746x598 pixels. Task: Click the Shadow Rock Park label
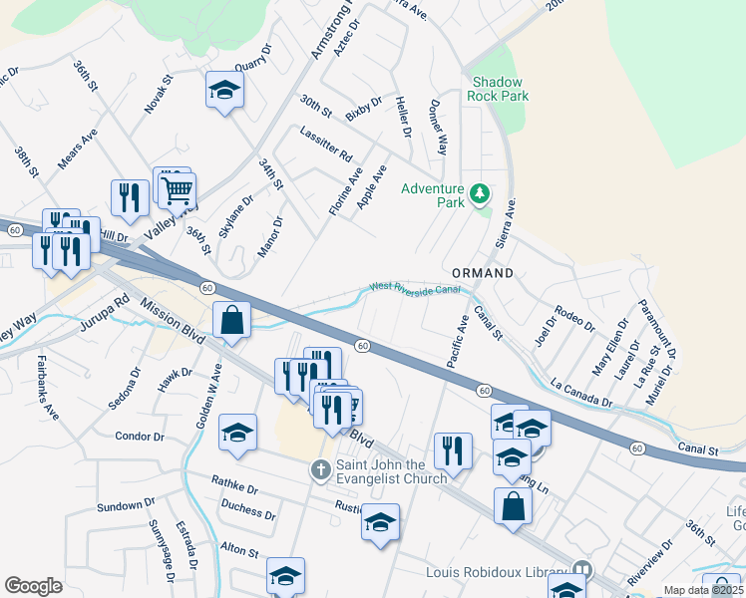[x=501, y=89]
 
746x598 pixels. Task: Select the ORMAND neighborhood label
[x=482, y=272]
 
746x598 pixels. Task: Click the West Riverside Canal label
[x=415, y=288]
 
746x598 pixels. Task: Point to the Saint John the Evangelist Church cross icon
[x=320, y=468]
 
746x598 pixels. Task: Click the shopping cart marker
[x=178, y=188]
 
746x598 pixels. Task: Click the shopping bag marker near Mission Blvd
[x=231, y=320]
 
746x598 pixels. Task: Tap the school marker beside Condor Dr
[x=237, y=433]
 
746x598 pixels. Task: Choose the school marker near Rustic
[x=380, y=522]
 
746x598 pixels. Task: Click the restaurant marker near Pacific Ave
[x=453, y=450]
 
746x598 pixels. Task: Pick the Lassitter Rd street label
[x=326, y=145]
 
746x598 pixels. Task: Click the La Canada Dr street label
[x=580, y=394]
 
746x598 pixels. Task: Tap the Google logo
[x=33, y=587]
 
